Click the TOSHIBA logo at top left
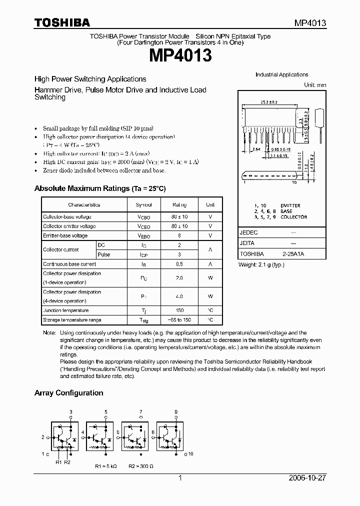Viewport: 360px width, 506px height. tap(62, 22)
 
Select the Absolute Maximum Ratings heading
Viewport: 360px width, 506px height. tap(99, 188)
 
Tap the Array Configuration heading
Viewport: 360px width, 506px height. tap(68, 393)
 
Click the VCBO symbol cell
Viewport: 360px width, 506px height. tap(143, 217)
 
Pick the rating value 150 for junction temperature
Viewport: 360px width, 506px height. tap(179, 310)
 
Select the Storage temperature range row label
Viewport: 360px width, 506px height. tap(72, 320)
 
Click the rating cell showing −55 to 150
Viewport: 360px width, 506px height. tap(179, 320)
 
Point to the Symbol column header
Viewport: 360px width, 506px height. tap(143, 205)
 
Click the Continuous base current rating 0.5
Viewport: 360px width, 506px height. tap(179, 264)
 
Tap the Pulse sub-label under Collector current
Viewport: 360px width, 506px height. tap(104, 254)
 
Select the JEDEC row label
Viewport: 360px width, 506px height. tap(248, 232)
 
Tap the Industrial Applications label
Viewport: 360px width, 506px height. tap(281, 74)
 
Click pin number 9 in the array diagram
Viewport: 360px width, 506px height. tap(175, 411)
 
